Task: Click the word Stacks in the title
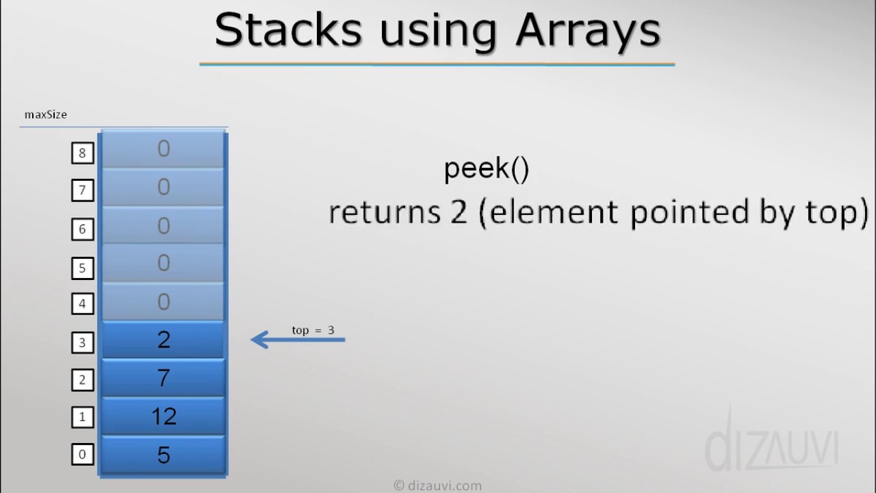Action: click(x=288, y=30)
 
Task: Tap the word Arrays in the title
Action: click(x=588, y=30)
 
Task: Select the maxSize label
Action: click(x=46, y=114)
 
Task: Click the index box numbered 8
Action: click(x=82, y=152)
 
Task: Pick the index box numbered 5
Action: click(x=82, y=267)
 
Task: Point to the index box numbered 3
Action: click(x=82, y=342)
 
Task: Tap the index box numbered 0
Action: click(x=82, y=454)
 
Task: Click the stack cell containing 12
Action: click(x=164, y=416)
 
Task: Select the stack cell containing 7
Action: click(x=164, y=378)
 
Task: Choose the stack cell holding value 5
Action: click(x=164, y=455)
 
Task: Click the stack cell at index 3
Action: click(x=164, y=340)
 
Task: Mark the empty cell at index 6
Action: click(x=164, y=226)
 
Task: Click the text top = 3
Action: click(x=313, y=330)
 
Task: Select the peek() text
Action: click(x=487, y=168)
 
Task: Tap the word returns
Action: click(x=384, y=212)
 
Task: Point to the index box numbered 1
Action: click(x=82, y=416)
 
